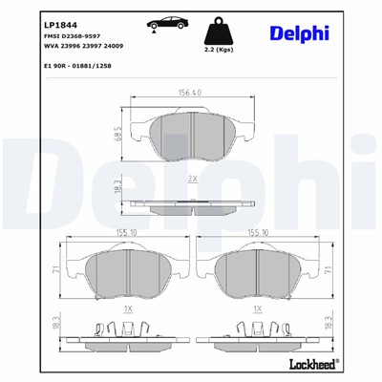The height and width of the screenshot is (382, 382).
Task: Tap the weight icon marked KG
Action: point(219,25)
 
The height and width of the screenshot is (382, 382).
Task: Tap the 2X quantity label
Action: point(192,179)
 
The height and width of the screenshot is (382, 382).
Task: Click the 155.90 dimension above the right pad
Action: point(256,231)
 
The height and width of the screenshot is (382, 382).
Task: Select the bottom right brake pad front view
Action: point(258,271)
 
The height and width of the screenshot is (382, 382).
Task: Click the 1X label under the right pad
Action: point(257,310)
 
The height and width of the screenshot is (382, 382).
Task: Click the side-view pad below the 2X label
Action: point(191,202)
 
